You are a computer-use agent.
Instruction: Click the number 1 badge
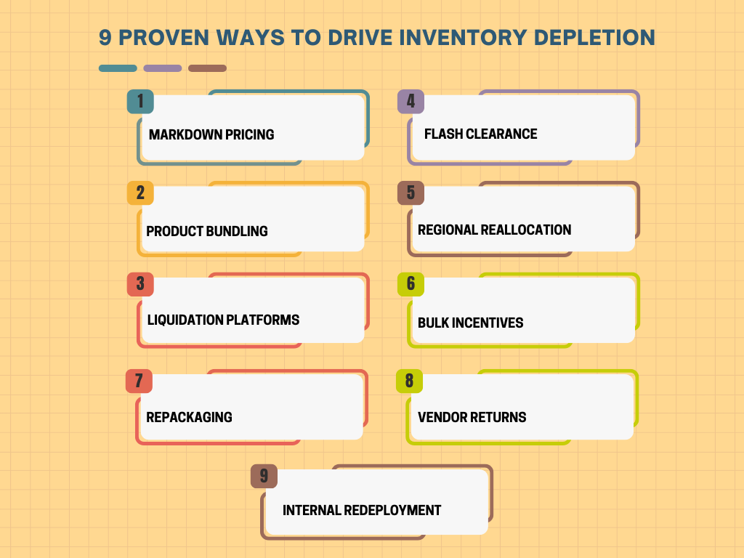click(x=140, y=102)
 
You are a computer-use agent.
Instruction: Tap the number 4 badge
click(x=411, y=102)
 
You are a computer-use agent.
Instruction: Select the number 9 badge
click(x=264, y=477)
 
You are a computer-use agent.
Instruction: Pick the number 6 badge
click(x=411, y=284)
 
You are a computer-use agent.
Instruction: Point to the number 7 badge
click(x=139, y=381)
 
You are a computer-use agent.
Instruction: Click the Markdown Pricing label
click(x=211, y=134)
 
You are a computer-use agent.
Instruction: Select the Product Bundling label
click(x=207, y=231)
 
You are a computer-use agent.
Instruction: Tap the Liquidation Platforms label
click(x=223, y=320)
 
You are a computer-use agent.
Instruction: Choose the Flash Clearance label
click(x=481, y=134)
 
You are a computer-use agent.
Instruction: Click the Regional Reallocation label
click(x=495, y=230)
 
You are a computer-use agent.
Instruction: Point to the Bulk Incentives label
click(x=471, y=323)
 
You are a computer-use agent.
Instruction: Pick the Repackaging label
click(x=190, y=417)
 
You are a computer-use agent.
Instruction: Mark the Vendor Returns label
click(x=472, y=417)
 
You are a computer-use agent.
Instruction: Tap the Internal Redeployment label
click(x=362, y=510)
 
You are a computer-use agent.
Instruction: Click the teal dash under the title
click(x=118, y=68)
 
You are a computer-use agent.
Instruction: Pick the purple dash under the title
click(x=163, y=68)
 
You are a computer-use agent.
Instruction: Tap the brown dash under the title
click(x=207, y=68)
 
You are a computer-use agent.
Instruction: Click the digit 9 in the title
click(x=105, y=38)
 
